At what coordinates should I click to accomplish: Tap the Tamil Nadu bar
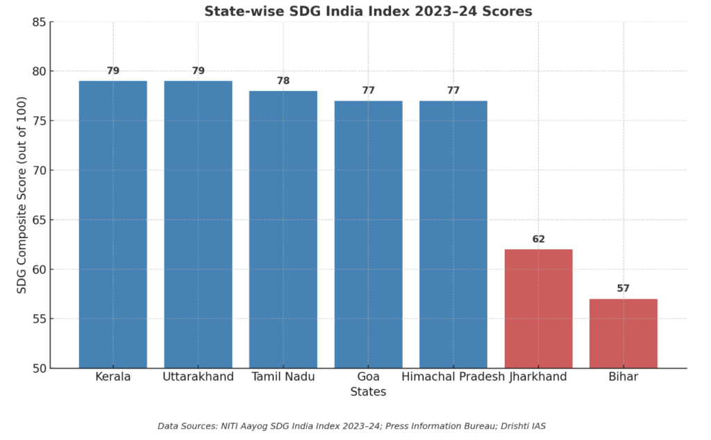tap(283, 229)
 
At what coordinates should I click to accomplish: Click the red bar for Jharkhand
tap(538, 308)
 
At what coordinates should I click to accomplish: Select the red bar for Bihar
tap(624, 333)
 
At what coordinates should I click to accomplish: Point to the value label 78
tap(283, 81)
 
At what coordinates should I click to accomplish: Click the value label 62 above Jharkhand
tap(538, 239)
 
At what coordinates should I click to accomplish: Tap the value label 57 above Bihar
tap(624, 289)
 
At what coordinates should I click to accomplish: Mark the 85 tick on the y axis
tap(39, 22)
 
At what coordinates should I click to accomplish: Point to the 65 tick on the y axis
tap(39, 220)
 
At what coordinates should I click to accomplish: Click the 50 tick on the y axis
tap(39, 369)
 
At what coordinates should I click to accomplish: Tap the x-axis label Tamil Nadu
tap(283, 377)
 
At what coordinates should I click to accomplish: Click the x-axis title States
tap(368, 392)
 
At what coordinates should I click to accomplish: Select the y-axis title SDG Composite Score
tap(22, 195)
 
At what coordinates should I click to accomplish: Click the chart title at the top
tap(368, 11)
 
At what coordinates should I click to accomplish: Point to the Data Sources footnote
tap(351, 426)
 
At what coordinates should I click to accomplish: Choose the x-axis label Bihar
tap(624, 377)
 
